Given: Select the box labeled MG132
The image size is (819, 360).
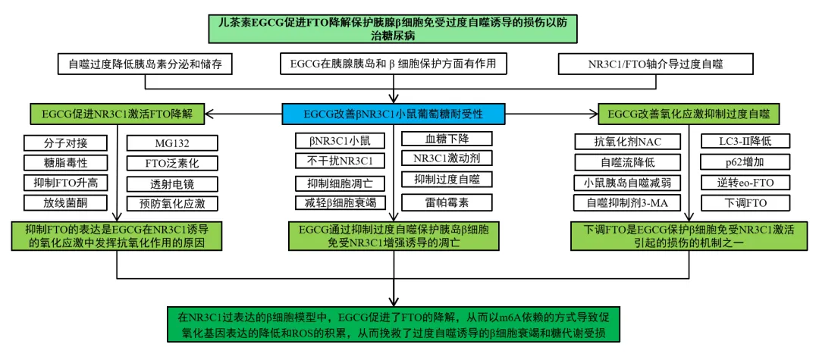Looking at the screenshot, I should [x=171, y=142].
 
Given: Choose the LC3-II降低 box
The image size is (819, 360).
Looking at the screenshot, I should [x=744, y=141].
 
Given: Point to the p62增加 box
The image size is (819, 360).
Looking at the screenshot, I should [x=744, y=161].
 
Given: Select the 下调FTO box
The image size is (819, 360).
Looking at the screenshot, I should [x=744, y=202].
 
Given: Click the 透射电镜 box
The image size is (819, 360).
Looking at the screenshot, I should [x=171, y=183].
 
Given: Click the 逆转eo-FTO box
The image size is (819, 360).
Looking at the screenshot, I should [x=744, y=182].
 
